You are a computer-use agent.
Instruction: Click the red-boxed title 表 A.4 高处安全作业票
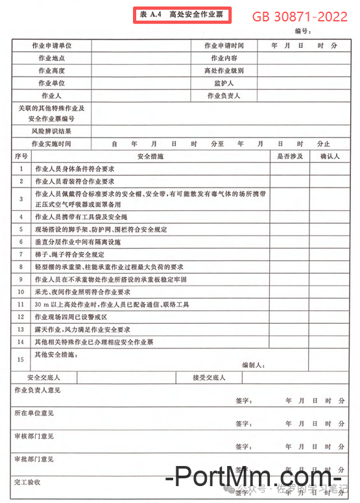[x=181, y=14]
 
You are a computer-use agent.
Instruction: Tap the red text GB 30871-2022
[x=300, y=17]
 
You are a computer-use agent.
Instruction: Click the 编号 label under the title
[x=302, y=31]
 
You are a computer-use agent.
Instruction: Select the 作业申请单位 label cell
[x=51, y=45]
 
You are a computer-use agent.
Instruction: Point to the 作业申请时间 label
[x=224, y=45]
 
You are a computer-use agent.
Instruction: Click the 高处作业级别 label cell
[x=224, y=71]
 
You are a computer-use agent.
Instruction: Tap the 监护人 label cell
[x=224, y=83]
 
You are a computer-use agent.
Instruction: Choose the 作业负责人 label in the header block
[x=224, y=96]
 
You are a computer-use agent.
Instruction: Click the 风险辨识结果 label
[x=51, y=130]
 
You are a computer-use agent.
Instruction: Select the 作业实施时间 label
[x=51, y=143]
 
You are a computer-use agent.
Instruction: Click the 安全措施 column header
[x=150, y=156]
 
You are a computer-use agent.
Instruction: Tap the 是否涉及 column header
[x=289, y=156]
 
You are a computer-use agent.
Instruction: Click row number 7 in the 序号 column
[x=21, y=254]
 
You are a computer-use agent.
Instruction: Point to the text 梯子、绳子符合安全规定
[x=69, y=254]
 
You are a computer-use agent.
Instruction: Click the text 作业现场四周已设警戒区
[x=70, y=317]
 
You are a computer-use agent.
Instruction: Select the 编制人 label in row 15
[x=252, y=365]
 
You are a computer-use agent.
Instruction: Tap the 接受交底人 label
[x=209, y=378]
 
